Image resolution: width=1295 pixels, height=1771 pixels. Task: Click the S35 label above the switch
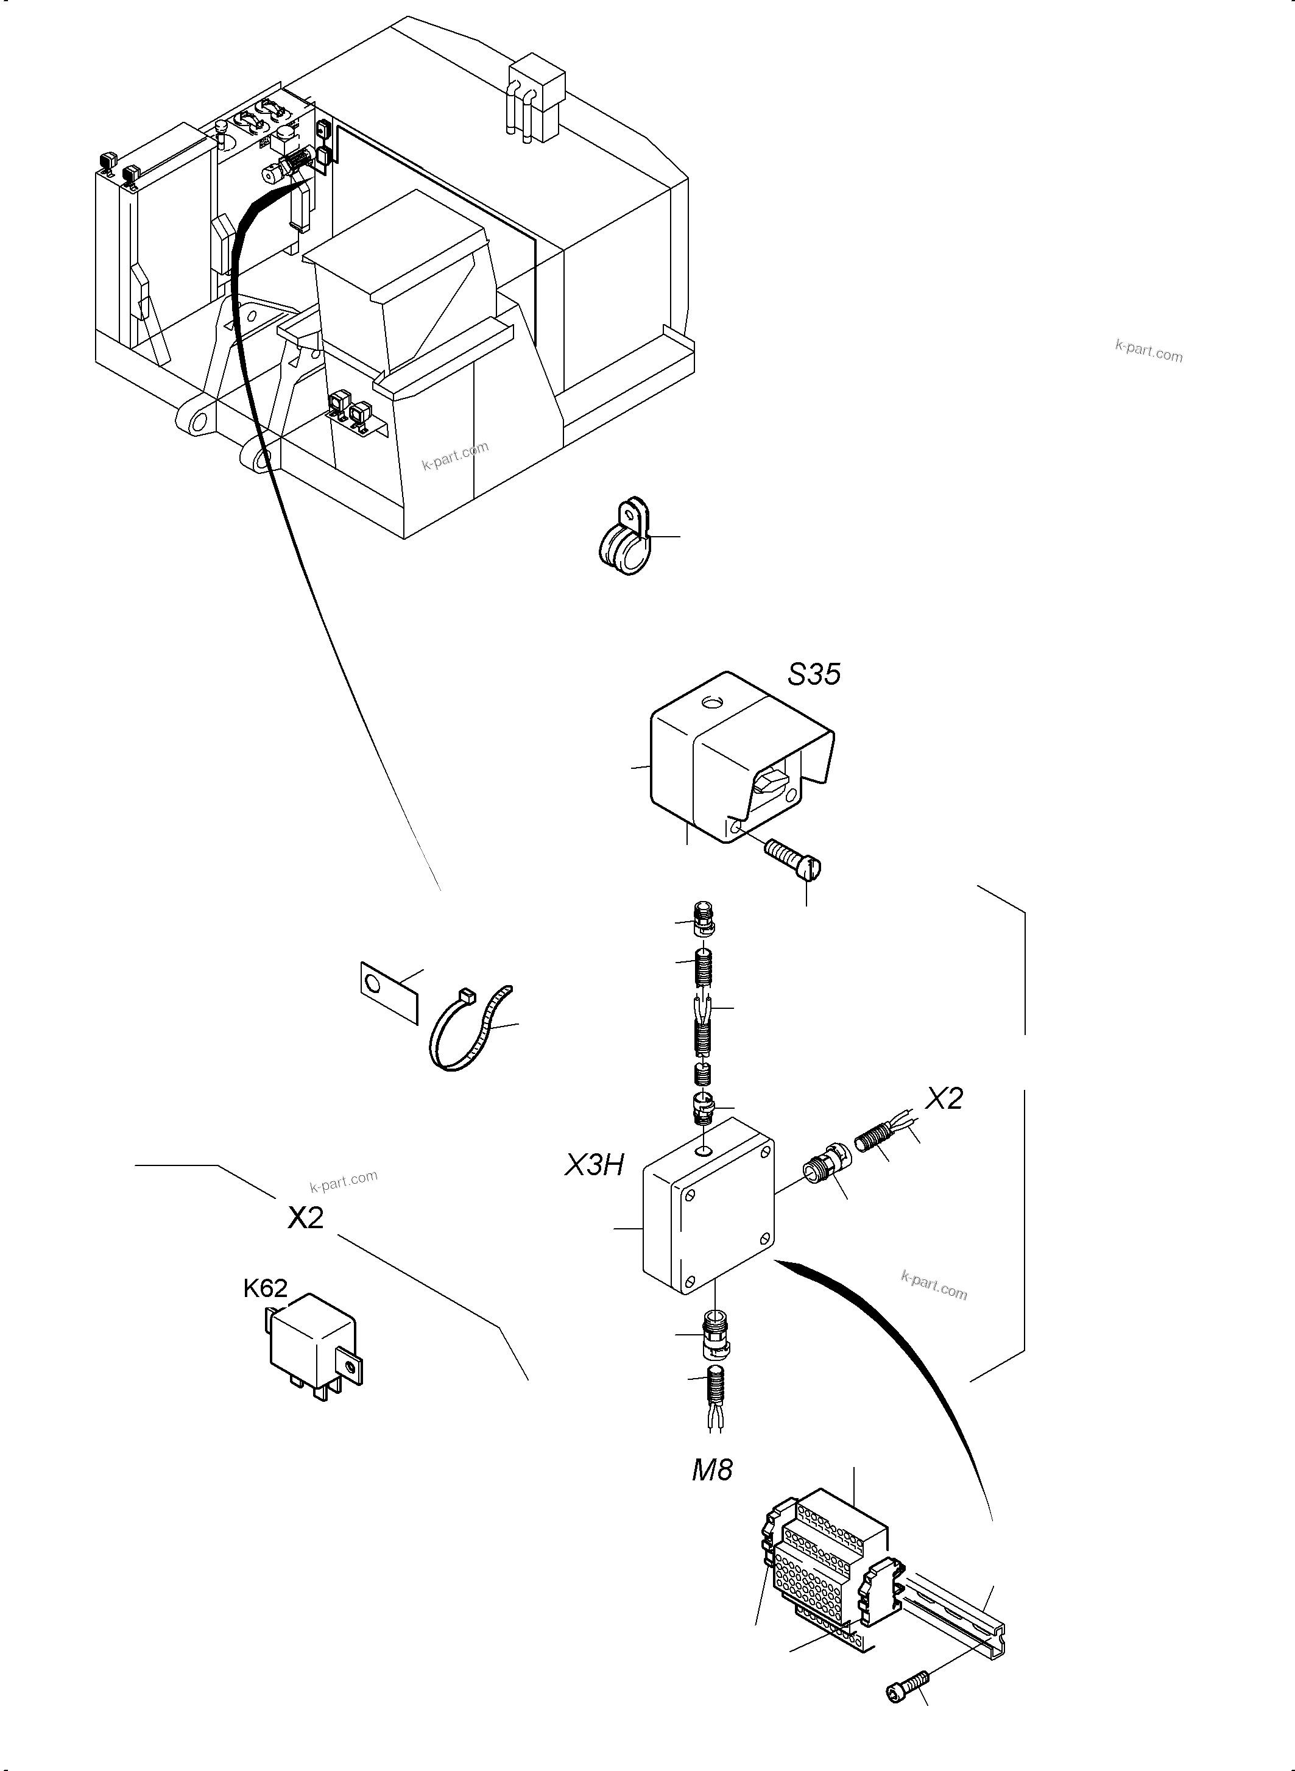(814, 674)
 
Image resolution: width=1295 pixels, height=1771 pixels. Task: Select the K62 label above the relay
(265, 1288)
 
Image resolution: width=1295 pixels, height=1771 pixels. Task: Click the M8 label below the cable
(712, 1470)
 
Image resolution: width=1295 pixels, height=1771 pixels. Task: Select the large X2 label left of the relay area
(305, 1217)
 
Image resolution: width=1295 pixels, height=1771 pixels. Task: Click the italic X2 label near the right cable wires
(943, 1098)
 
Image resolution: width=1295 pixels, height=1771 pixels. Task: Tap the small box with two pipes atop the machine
(537, 98)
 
